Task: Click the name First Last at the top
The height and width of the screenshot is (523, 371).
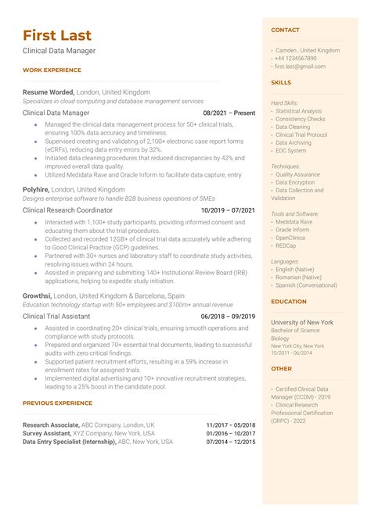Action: pyautogui.click(x=57, y=35)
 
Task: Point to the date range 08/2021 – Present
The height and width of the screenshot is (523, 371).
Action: pyautogui.click(x=229, y=113)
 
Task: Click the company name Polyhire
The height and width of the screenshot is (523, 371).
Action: pyautogui.click(x=37, y=189)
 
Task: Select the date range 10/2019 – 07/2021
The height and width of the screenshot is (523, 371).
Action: pyautogui.click(x=228, y=210)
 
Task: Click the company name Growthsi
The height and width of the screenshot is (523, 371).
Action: pyautogui.click(x=38, y=296)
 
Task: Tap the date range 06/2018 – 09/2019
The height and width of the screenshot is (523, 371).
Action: pyautogui.click(x=228, y=316)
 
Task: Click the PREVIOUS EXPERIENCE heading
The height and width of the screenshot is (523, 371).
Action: pyautogui.click(x=57, y=403)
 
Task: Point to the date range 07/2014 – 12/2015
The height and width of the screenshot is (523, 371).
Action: pyautogui.click(x=230, y=442)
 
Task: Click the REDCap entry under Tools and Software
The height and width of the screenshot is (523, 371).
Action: pyautogui.click(x=287, y=245)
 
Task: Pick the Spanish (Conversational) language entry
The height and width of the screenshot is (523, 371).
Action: pyautogui.click(x=306, y=285)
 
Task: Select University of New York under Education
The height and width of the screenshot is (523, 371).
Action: pyautogui.click(x=302, y=322)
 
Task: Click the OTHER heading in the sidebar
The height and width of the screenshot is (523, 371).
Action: pyautogui.click(x=281, y=368)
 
